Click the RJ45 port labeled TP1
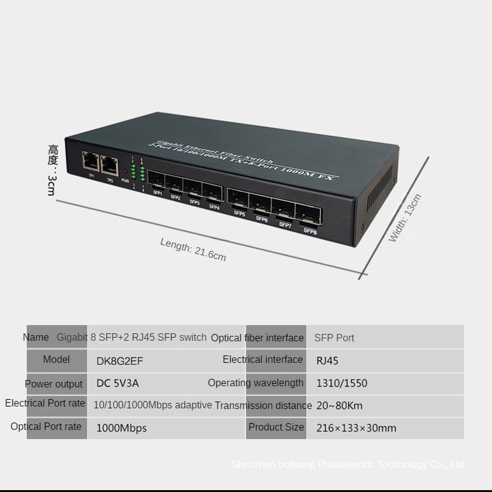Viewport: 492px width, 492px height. pos(89,163)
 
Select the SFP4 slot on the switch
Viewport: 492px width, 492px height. pos(213,192)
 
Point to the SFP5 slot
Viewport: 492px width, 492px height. pos(238,199)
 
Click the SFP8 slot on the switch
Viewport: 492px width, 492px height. pos(309,216)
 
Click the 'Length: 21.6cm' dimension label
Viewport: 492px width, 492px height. pos(193,249)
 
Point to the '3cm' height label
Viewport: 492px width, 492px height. pos(52,184)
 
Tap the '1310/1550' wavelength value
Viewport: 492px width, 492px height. pos(341,383)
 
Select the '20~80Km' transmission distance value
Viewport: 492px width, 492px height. pos(339,405)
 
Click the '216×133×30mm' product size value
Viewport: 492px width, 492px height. pos(356,427)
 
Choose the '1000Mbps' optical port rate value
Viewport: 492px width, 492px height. pos(122,427)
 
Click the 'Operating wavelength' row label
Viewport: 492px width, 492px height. pos(255,383)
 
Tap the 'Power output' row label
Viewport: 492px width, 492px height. pos(54,384)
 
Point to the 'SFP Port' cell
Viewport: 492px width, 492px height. pos(334,338)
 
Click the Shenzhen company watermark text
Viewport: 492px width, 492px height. pos(349,465)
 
